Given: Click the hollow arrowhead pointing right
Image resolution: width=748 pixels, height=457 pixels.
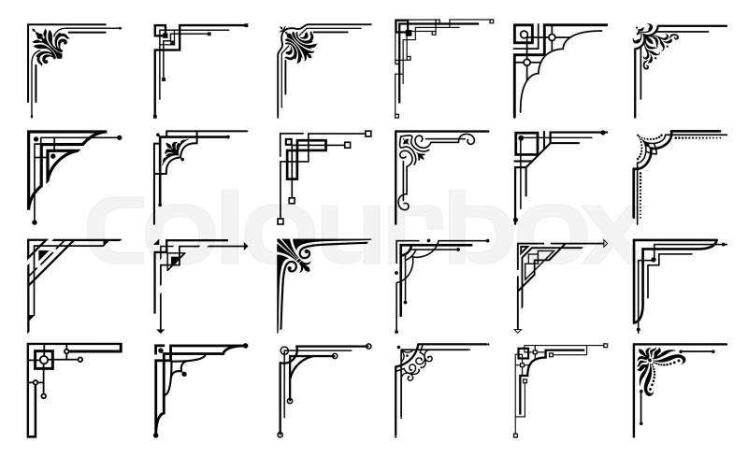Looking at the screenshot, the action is coord(606,244).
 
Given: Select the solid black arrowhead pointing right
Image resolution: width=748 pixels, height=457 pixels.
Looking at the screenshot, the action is coord(246,247).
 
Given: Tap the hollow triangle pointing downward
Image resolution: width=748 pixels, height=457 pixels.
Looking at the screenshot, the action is coord(517,330).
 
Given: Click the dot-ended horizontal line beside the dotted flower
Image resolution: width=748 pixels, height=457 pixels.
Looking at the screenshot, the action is coord(698,351).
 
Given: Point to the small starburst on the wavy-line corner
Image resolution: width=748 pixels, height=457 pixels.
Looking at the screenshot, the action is coord(284,30).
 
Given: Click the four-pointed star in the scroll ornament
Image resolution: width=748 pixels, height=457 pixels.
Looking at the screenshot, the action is coord(406,141).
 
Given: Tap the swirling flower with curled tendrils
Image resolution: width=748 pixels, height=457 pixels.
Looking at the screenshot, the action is coord(654,44).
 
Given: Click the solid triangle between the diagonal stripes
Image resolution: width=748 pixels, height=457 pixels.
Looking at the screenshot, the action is coord(44,253).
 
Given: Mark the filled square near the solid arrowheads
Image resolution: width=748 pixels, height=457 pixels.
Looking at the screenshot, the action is coord(175,261).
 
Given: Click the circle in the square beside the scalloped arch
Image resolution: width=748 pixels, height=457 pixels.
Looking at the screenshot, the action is coord(524,35).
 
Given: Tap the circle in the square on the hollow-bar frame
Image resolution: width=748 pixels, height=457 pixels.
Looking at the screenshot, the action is coord(44,359).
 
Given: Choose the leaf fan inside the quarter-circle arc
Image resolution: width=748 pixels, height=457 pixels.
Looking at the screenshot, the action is coord(173,150).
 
